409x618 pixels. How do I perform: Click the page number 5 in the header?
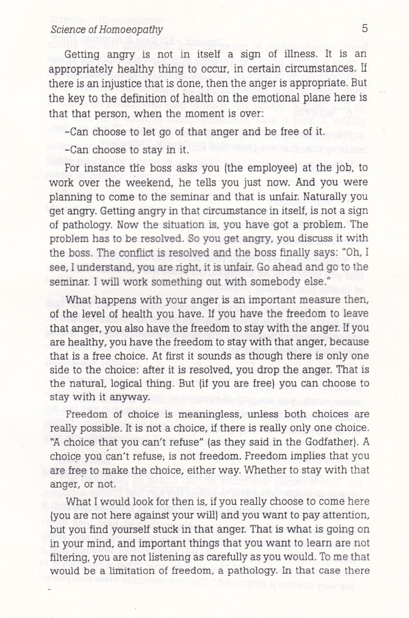pos(365,29)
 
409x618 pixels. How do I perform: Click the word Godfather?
pos(329,442)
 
